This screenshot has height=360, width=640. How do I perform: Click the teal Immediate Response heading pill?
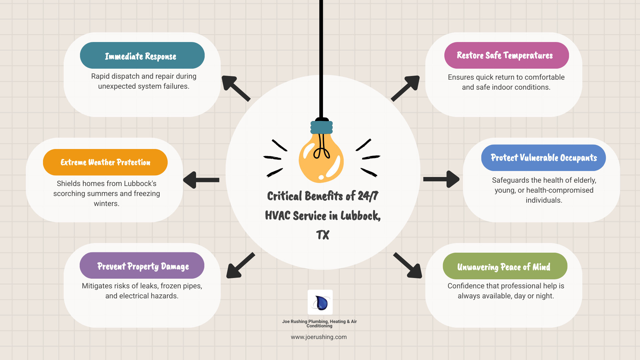click(x=142, y=55)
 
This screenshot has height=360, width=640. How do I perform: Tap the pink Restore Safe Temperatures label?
click(x=506, y=55)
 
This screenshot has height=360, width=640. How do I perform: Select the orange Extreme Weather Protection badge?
click(x=105, y=162)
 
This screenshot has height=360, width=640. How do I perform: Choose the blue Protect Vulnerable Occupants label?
click(x=543, y=158)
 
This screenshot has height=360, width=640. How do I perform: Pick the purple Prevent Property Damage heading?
click(x=142, y=266)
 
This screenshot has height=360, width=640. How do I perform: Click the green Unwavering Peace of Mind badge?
click(x=505, y=266)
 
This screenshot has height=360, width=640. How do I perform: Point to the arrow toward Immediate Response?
click(x=236, y=88)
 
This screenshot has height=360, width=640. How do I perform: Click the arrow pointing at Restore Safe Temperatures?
click(x=405, y=88)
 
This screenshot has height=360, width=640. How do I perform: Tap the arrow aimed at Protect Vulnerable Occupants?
click(x=441, y=179)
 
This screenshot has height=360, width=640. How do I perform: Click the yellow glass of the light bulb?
click(x=321, y=160)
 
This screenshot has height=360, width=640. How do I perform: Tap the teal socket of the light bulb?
click(x=321, y=127)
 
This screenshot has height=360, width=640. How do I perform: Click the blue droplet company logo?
click(x=320, y=302)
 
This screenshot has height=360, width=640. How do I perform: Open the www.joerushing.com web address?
click(x=319, y=337)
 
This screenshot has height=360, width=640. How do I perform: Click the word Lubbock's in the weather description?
click(x=140, y=184)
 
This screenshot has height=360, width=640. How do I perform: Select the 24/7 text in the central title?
click(x=368, y=196)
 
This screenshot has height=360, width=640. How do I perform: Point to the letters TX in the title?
click(x=323, y=235)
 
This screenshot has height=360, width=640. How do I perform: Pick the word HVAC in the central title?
click(x=278, y=216)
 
